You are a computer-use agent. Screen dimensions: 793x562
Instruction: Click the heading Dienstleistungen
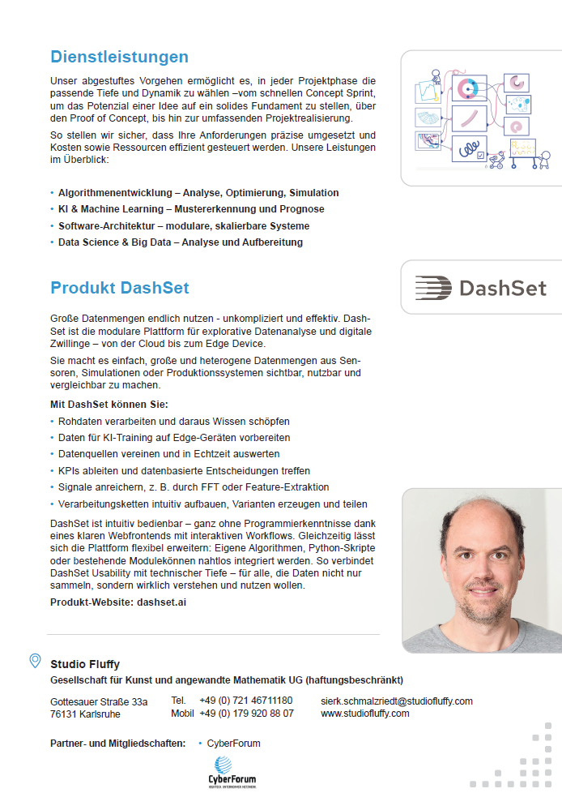[119, 57]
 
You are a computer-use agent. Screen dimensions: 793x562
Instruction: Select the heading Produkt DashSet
[119, 288]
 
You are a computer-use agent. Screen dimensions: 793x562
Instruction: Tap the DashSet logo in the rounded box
[481, 288]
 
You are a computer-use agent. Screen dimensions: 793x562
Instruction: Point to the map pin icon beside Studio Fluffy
[35, 661]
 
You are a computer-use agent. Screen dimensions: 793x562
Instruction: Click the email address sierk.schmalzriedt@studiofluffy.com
[396, 701]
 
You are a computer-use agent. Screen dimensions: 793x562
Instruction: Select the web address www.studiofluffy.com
[364, 714]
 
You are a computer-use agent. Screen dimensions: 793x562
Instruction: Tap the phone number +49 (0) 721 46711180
[245, 701]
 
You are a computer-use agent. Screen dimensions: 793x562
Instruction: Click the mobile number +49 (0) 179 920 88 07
[246, 714]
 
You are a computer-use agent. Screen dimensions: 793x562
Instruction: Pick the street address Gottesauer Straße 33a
[99, 701]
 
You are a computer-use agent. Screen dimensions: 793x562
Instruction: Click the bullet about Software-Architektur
[183, 225]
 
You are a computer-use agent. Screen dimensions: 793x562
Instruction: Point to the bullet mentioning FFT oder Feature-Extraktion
[194, 487]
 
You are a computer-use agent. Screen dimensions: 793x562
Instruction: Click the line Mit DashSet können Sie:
[109, 404]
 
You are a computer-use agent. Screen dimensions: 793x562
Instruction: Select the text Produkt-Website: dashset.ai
[118, 602]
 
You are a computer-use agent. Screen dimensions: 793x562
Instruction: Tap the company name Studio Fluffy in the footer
[85, 665]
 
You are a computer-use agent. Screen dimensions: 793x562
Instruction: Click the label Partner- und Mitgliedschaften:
[117, 743]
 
